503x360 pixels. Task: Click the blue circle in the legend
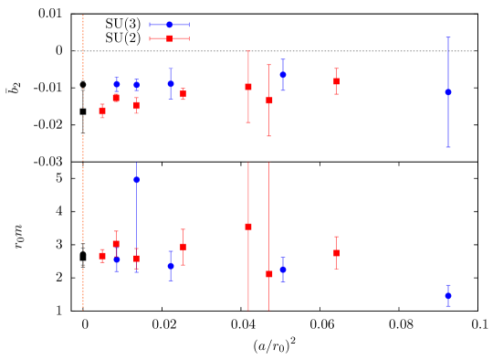point(169,25)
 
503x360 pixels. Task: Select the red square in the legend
point(169,38)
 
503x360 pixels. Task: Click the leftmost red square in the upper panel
point(102,111)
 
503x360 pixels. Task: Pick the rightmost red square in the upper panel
point(336,81)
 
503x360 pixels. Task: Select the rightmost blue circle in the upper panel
point(448,92)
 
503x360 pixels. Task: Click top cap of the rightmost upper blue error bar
point(448,37)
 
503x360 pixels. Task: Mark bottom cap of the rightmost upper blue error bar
point(448,147)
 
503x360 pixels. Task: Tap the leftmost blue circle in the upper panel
point(116,84)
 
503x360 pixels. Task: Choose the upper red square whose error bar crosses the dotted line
point(248,87)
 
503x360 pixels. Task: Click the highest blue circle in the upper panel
point(283,75)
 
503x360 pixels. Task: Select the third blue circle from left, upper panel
point(171,84)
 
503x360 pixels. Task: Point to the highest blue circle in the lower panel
point(137,180)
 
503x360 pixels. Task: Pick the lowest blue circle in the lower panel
point(448,295)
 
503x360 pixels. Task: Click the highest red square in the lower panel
point(248,227)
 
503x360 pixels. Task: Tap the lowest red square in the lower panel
point(269,274)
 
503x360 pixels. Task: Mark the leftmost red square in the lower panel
point(102,256)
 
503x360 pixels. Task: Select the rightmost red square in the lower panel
point(336,253)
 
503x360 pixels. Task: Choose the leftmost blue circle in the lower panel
point(116,259)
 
